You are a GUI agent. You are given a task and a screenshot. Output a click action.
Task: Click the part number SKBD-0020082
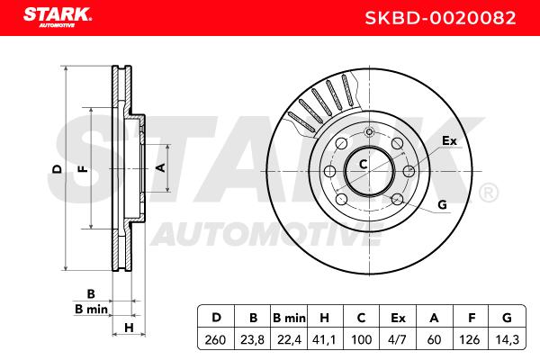(x=440, y=18)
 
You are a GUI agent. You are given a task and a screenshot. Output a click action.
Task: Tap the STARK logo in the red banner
(x=58, y=17)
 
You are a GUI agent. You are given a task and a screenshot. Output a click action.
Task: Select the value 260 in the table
(x=216, y=339)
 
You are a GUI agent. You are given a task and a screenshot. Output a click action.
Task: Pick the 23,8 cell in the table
(x=252, y=339)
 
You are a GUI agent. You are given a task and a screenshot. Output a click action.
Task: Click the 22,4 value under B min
(x=289, y=339)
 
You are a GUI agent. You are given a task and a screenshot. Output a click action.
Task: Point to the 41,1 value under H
(x=324, y=339)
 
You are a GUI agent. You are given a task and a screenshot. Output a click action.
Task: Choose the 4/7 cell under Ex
(x=398, y=339)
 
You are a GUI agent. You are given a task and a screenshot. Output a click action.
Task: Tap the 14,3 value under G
(x=507, y=339)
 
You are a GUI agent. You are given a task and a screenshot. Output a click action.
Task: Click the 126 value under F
(x=470, y=339)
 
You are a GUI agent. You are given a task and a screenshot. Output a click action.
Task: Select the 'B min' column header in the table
(x=289, y=318)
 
